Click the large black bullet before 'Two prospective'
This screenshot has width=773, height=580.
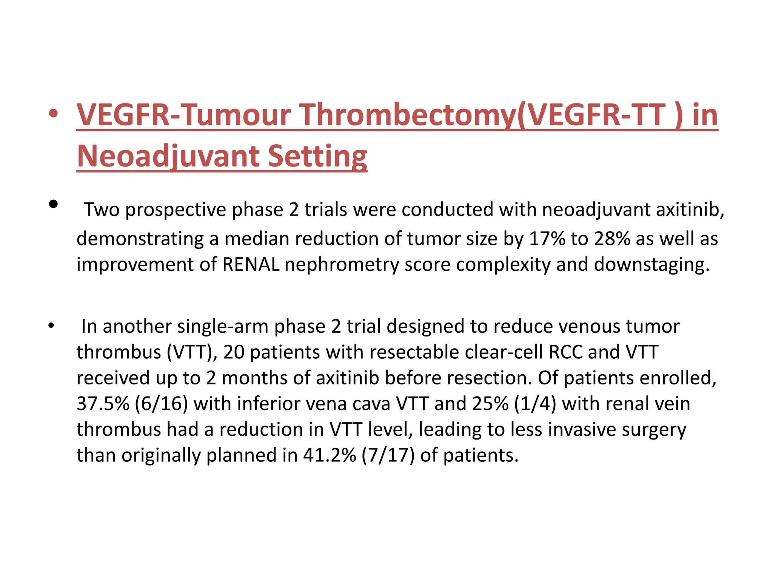(53, 204)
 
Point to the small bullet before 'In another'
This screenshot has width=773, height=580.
(51, 325)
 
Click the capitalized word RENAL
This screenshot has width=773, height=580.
(251, 264)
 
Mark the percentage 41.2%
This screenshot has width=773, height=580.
(330, 455)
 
